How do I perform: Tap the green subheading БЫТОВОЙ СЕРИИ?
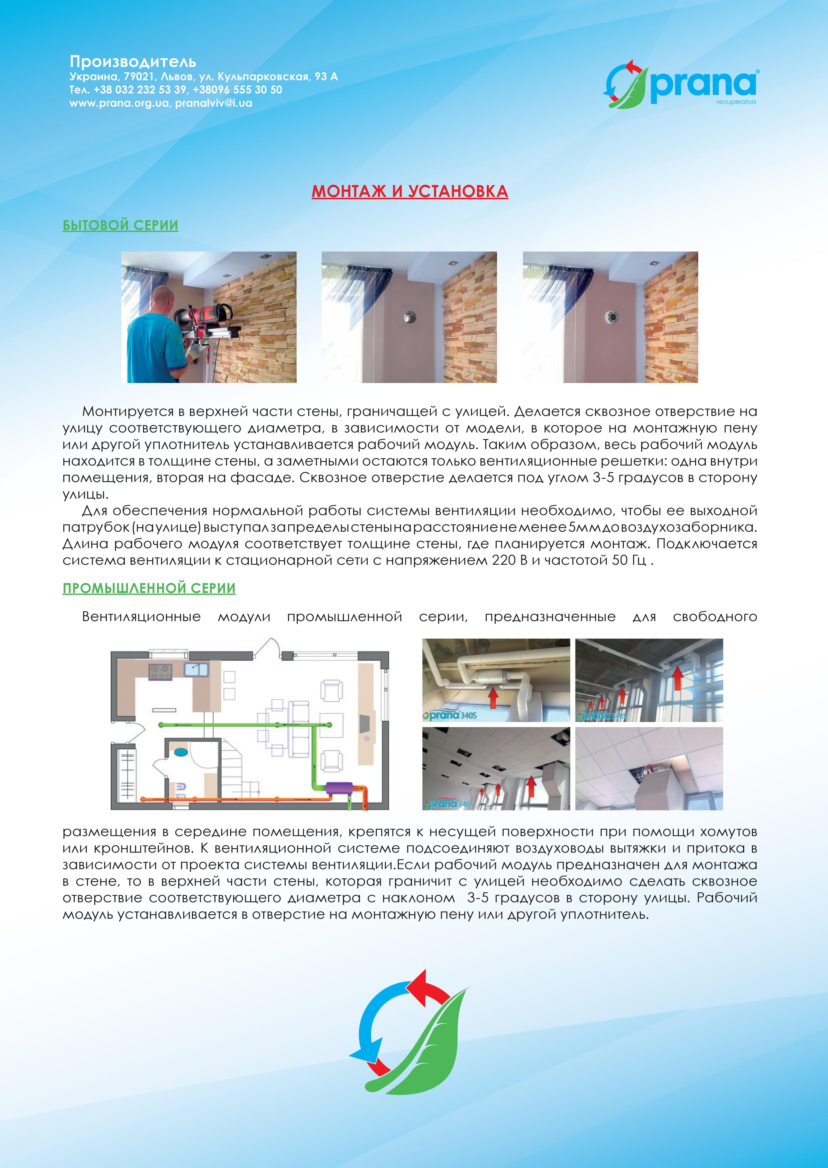(x=120, y=225)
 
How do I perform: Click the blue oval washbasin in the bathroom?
(x=180, y=752)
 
